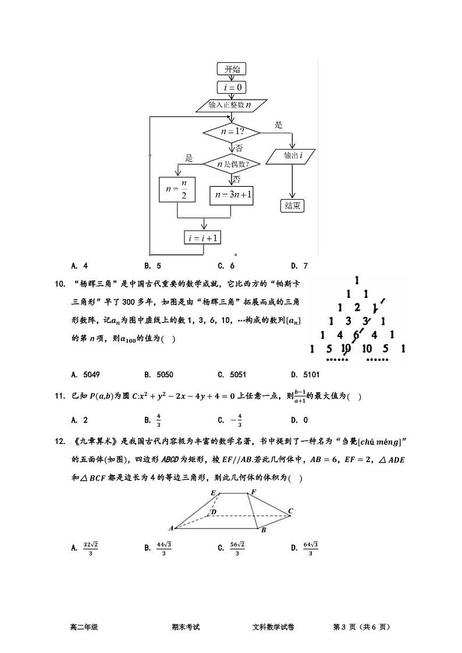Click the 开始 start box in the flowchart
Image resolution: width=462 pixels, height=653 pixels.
[232, 69]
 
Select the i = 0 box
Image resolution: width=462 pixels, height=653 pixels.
[232, 87]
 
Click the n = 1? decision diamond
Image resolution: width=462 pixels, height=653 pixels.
[232, 132]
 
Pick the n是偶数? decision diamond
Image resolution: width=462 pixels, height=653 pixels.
[232, 164]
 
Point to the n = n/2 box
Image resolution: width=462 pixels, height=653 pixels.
[177, 190]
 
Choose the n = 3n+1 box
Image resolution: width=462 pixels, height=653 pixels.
[232, 196]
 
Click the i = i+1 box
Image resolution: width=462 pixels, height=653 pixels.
[202, 237]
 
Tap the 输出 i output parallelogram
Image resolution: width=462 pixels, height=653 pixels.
[292, 156]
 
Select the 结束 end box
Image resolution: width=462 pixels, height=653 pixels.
[292, 205]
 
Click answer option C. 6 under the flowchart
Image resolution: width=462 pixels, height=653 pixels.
[226, 266]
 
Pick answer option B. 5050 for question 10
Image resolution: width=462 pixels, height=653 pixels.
[158, 375]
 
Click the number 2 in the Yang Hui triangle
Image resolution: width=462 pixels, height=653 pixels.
[357, 308]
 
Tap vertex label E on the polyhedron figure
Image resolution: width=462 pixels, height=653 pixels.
[214, 494]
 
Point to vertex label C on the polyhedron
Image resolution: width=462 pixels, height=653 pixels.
[290, 511]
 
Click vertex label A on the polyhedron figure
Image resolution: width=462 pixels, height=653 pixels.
[171, 528]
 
